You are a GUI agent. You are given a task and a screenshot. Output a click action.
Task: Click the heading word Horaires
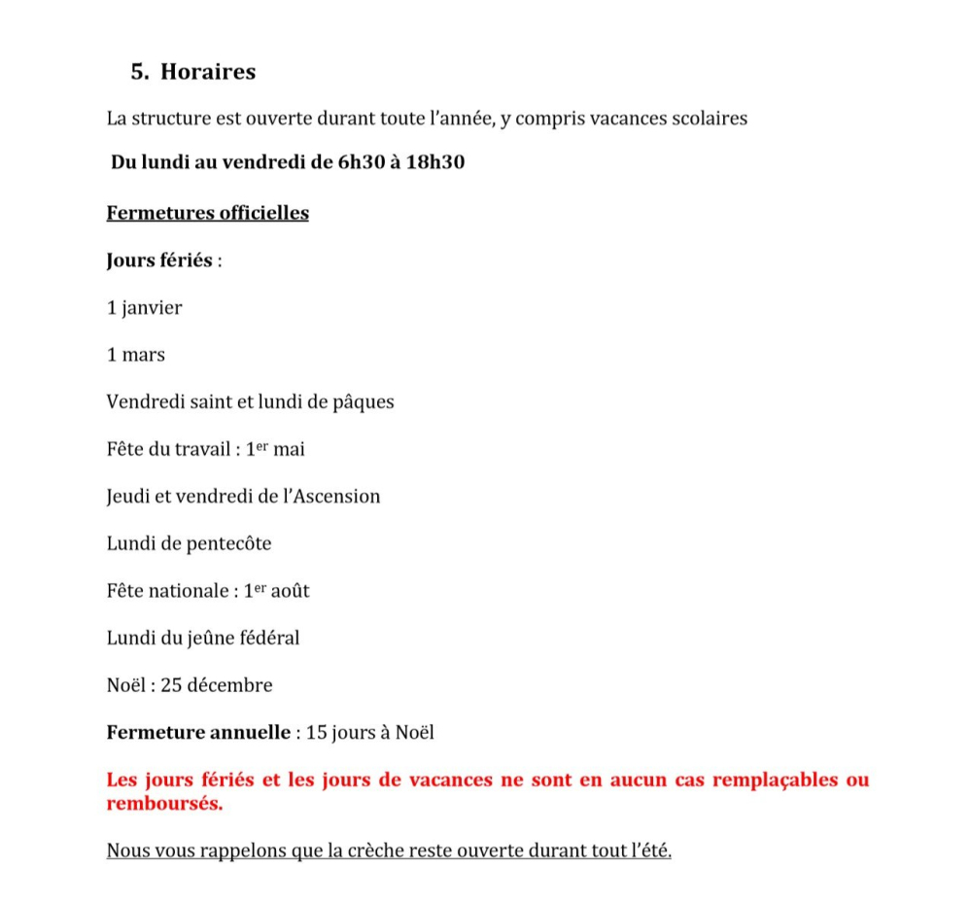tap(208, 72)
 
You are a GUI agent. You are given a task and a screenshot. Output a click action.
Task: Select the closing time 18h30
tap(434, 162)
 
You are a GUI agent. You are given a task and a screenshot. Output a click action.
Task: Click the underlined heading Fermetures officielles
tap(207, 213)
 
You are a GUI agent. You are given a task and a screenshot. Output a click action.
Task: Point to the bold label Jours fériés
tap(159, 260)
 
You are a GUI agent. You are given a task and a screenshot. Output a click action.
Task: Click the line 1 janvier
tap(144, 308)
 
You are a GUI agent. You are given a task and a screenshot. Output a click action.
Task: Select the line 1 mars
tap(136, 355)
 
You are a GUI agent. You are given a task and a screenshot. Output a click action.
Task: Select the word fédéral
tap(268, 639)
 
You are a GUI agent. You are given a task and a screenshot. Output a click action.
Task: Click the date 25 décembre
tap(217, 685)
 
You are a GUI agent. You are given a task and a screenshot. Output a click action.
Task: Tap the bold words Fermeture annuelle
tap(198, 733)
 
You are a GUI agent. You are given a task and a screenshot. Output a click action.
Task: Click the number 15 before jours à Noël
tap(316, 733)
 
